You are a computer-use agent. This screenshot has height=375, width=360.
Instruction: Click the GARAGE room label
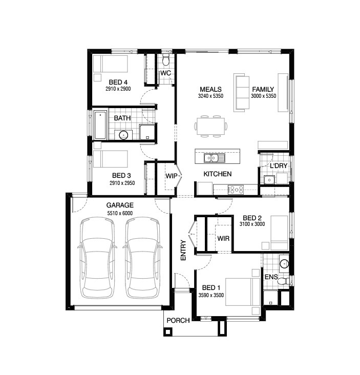click(x=120, y=205)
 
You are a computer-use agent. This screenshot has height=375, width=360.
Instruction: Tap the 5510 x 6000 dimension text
click(x=120, y=213)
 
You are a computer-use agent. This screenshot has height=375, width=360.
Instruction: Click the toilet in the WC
click(x=165, y=61)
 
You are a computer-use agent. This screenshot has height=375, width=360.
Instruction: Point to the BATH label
click(x=122, y=118)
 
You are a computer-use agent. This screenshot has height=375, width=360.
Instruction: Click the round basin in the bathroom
click(x=123, y=135)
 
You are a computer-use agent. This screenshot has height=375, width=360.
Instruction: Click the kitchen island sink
click(x=212, y=157)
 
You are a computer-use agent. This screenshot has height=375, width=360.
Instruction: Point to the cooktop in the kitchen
click(x=236, y=189)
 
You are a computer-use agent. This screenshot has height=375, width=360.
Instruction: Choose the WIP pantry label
click(x=171, y=176)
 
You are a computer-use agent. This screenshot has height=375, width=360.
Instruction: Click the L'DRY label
click(x=279, y=166)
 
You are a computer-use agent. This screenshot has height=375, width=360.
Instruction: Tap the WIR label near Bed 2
click(x=223, y=238)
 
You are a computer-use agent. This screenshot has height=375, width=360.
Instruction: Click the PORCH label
click(x=178, y=321)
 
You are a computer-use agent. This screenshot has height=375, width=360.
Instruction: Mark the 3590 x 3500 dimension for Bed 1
click(x=211, y=295)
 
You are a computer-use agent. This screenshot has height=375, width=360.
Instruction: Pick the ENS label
click(x=271, y=277)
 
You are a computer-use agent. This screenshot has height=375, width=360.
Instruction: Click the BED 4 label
click(x=118, y=82)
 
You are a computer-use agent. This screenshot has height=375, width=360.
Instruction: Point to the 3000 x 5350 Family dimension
click(x=263, y=96)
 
